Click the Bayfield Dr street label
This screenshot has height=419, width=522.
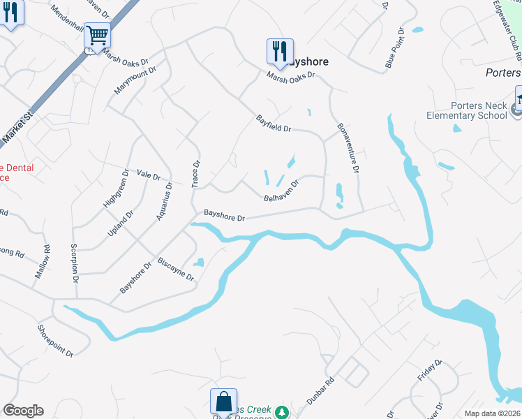tap(273, 124)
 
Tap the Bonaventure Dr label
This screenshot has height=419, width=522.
tap(348, 148)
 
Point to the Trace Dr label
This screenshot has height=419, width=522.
tap(196, 174)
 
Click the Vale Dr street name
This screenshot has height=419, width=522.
tap(149, 175)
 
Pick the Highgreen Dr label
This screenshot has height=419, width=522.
tap(116, 188)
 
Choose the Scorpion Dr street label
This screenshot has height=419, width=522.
tap(73, 264)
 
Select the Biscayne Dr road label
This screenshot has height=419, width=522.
tap(176, 267)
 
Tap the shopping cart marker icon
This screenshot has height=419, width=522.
tap(97, 34)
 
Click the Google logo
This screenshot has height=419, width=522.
tap(23, 411)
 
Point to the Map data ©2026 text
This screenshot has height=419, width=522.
tap(491, 413)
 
